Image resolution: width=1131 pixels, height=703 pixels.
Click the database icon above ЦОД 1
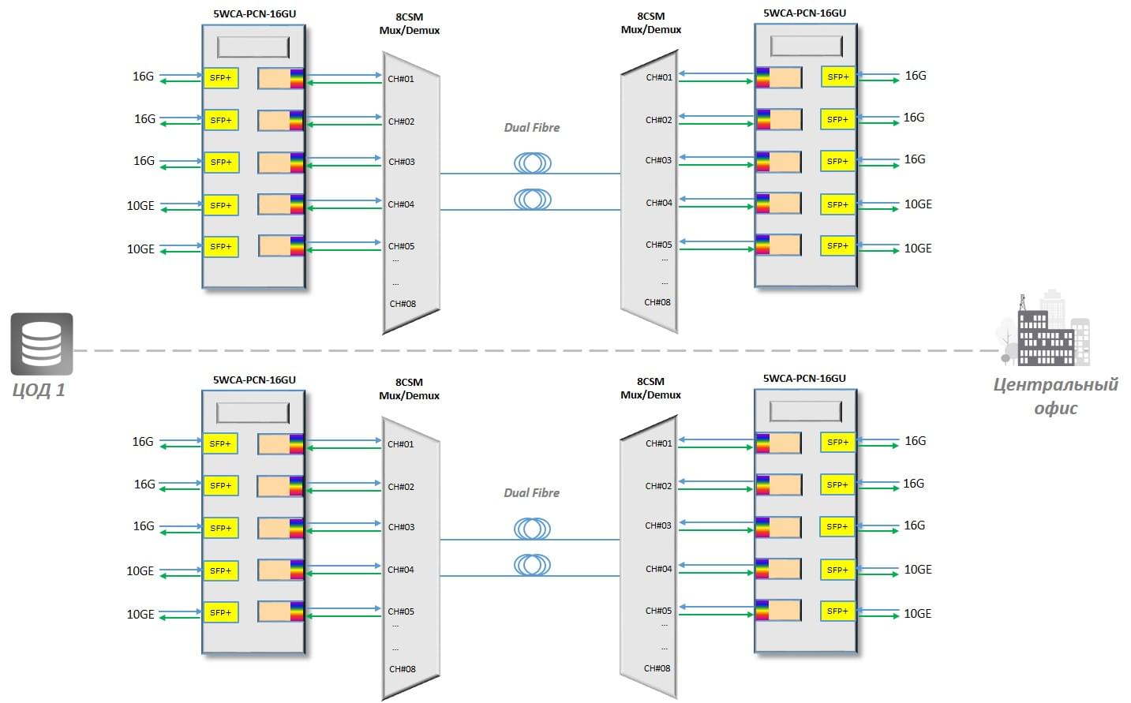[x=42, y=344]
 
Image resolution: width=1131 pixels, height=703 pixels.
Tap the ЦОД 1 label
[x=39, y=390]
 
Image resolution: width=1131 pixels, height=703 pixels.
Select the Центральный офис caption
[x=1056, y=396]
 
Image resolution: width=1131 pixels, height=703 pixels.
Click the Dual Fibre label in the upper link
[x=532, y=128]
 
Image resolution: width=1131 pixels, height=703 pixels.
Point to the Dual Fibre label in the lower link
[x=532, y=493]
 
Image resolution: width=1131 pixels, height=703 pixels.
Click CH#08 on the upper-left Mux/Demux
[x=403, y=304]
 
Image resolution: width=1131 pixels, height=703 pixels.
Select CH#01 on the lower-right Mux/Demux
[x=659, y=443]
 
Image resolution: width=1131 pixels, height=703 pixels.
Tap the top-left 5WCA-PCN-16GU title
[x=254, y=13]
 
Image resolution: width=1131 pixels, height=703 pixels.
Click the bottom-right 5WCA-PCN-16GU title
[x=804, y=379]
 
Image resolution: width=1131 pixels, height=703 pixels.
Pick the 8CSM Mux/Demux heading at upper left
[x=410, y=24]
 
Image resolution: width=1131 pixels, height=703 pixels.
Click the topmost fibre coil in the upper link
[x=533, y=163]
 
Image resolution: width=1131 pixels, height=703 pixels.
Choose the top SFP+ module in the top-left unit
[x=221, y=78]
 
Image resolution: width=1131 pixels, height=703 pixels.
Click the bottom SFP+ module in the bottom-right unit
[x=837, y=611]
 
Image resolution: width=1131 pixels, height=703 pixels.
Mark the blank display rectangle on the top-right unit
[x=807, y=47]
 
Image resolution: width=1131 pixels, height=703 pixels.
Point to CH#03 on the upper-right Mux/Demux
[x=658, y=160]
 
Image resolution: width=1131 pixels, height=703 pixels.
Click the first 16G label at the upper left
[x=144, y=77]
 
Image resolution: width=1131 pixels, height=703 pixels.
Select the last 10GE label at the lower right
[x=917, y=614]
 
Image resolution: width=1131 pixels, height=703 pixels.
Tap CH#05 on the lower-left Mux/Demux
[x=401, y=611]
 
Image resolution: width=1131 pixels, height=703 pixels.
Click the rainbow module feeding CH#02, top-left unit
[x=281, y=121]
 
